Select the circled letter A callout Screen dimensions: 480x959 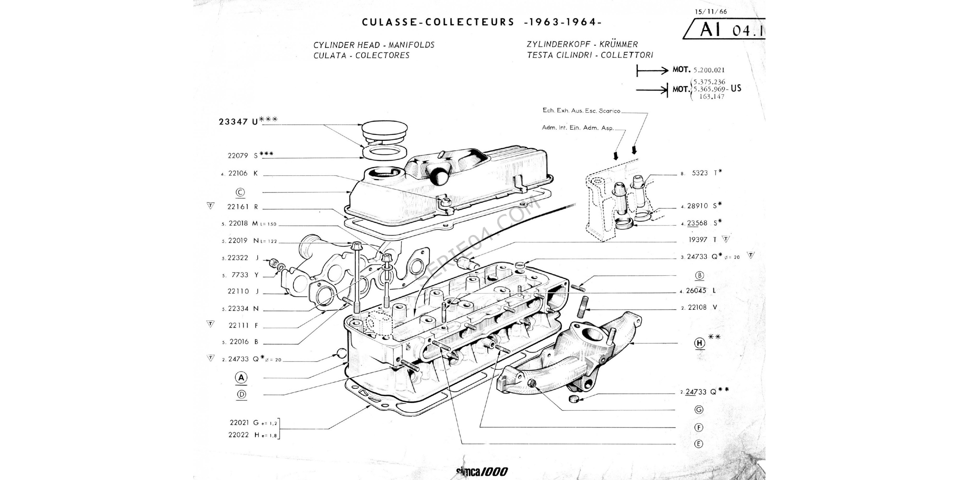241,378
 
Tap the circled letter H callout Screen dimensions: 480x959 700,343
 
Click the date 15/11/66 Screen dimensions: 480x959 711,12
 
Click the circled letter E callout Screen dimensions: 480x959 699,444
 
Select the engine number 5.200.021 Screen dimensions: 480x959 709,70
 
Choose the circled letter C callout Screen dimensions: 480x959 240,192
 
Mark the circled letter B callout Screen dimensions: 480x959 700,276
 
